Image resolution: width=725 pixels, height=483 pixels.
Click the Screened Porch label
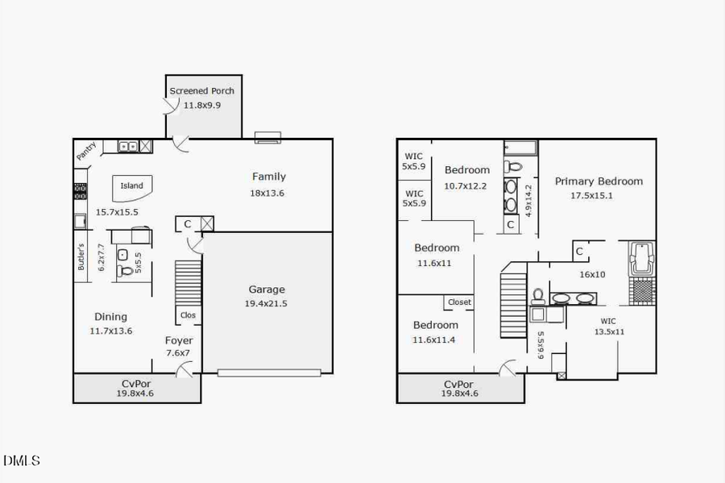(201, 91)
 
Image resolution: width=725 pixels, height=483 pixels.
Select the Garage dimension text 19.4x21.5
(266, 303)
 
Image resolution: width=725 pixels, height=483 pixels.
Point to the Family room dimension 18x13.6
(267, 193)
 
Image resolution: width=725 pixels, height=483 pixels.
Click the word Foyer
(179, 340)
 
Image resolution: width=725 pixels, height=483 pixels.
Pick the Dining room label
(110, 317)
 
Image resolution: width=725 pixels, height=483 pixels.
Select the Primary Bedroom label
(599, 181)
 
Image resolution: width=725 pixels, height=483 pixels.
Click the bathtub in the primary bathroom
(641, 257)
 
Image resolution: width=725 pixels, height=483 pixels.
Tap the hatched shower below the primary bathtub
(641, 289)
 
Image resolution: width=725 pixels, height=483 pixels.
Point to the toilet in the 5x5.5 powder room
(125, 271)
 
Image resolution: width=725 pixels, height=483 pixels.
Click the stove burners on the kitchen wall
(80, 192)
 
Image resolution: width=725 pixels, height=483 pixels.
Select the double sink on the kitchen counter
(127, 146)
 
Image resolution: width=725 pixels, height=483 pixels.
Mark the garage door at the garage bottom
(269, 373)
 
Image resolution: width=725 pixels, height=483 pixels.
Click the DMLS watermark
(21, 461)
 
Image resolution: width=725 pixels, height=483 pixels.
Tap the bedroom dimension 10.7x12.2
(466, 185)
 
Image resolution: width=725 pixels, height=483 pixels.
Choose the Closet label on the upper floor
(459, 302)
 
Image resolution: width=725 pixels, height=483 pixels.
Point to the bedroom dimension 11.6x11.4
(434, 339)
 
